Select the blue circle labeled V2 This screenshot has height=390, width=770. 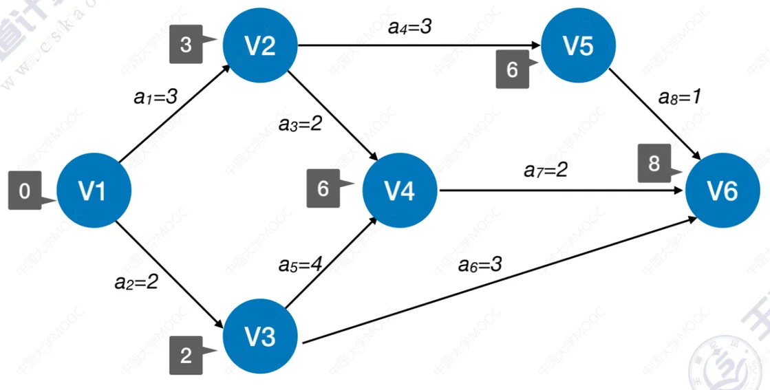(260, 45)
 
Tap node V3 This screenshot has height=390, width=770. (260, 337)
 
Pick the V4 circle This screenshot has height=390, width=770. (399, 191)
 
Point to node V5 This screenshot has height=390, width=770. (578, 45)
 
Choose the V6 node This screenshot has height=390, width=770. (722, 191)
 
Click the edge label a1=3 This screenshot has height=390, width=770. (156, 97)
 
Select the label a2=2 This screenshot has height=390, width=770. (136, 281)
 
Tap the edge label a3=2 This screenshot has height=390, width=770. (301, 124)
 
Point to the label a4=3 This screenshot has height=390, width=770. (410, 28)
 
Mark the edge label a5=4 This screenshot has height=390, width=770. (301, 263)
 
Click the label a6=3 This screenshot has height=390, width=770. (480, 263)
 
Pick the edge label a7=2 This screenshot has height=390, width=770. (545, 169)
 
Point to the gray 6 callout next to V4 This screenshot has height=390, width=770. (324, 189)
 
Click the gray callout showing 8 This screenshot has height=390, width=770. (654, 164)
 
